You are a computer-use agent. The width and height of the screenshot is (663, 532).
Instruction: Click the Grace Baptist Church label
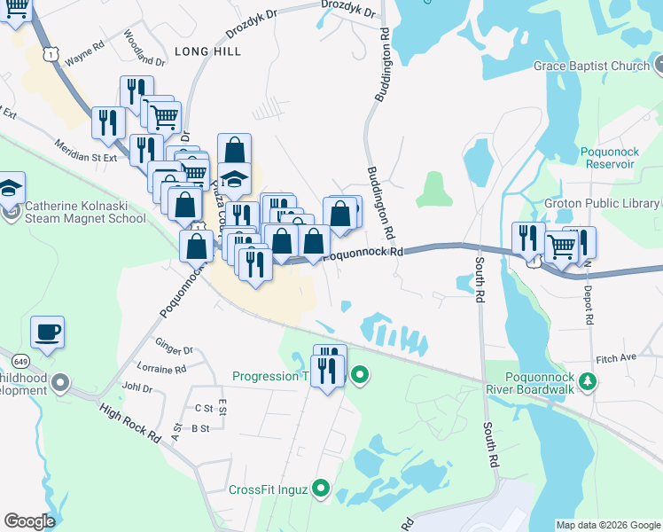click(591, 66)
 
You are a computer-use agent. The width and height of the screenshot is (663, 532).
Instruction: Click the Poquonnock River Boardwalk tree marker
click(586, 381)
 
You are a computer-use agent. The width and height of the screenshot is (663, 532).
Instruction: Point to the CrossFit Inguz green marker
click(321, 489)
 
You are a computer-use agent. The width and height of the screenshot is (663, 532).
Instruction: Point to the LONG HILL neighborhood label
click(207, 52)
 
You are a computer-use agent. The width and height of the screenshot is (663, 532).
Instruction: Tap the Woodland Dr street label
click(145, 50)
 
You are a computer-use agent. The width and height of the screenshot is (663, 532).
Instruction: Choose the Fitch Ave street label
click(617, 357)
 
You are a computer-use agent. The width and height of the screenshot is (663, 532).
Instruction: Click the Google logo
click(29, 520)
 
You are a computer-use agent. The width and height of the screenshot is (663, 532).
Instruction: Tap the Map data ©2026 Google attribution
click(609, 525)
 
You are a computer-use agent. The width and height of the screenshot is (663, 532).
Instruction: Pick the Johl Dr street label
click(137, 387)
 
